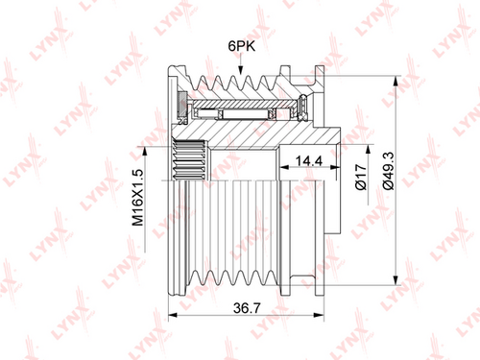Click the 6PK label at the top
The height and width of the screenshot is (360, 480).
242,46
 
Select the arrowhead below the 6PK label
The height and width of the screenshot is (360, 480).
240,70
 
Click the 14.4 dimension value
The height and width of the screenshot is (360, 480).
308,161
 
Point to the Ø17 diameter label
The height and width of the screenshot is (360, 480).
361,177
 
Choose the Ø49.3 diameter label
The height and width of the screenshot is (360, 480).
389,171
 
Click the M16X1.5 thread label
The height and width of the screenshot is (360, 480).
138,198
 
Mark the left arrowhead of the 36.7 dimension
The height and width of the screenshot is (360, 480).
173,315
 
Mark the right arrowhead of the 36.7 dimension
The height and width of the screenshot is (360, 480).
320,315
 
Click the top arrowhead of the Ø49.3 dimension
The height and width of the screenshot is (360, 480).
396,81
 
